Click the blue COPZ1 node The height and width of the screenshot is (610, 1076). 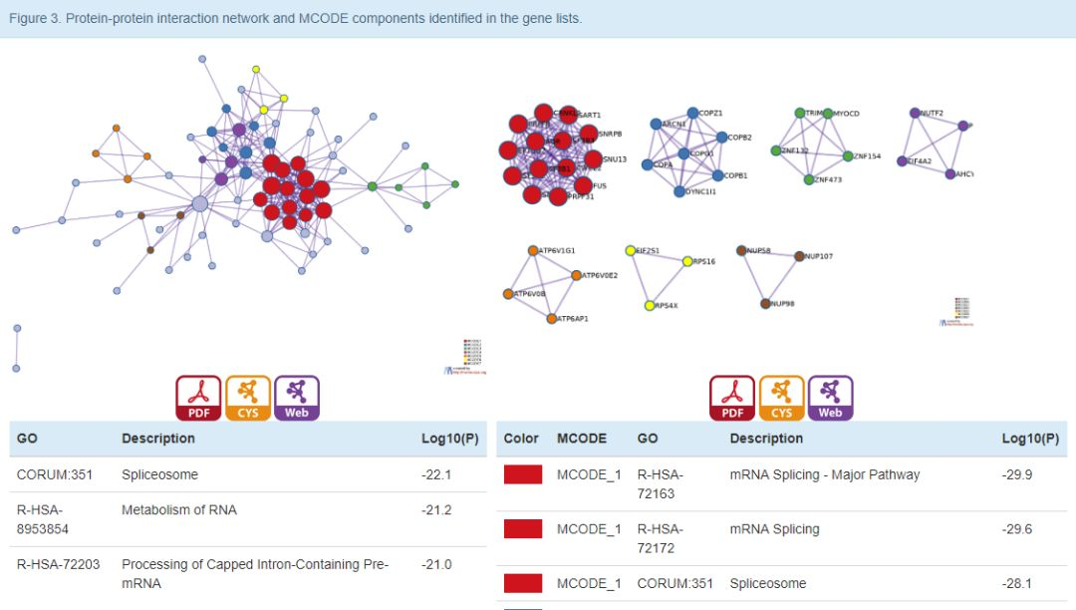692,114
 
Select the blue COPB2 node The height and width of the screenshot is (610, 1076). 720,138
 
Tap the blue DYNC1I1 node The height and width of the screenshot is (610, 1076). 679,191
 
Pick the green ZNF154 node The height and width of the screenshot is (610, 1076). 848,156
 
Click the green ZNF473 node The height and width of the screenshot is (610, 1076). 809,179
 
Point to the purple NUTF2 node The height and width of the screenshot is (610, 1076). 915,114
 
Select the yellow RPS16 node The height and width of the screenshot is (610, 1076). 687,261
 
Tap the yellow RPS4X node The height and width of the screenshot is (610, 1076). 650,305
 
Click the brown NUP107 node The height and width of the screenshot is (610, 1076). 799,257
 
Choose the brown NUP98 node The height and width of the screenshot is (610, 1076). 765,303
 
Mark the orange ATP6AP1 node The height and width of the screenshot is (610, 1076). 551,319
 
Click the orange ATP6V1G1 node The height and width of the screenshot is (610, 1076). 533,250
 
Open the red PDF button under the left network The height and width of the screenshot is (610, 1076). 198,398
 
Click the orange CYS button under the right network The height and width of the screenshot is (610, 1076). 781,398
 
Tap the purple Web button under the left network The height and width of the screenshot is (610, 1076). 297,398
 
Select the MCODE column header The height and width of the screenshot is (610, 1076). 581,439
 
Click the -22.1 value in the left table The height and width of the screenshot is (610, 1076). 436,474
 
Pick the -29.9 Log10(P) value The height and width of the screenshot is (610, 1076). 1017,474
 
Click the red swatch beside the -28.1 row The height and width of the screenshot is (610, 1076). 523,583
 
